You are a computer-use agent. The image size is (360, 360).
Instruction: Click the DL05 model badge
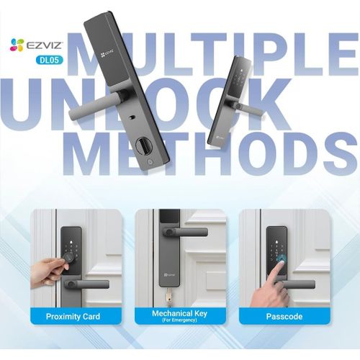click(50, 60)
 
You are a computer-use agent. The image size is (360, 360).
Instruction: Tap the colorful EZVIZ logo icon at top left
click(17, 45)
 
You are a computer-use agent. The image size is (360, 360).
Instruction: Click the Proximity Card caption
click(73, 316)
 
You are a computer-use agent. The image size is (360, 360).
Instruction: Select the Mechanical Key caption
click(179, 313)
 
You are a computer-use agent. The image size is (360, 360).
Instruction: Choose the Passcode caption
click(284, 316)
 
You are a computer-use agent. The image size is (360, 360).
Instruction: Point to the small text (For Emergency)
click(179, 320)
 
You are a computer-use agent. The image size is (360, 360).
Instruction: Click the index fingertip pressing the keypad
click(281, 264)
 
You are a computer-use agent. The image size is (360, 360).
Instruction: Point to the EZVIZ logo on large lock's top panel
click(107, 53)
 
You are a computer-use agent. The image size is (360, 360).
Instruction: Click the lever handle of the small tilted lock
click(245, 107)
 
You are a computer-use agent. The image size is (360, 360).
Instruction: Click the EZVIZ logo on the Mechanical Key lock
click(169, 275)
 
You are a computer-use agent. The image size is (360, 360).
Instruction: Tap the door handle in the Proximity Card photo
click(88, 284)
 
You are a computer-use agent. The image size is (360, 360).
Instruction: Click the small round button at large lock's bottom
click(150, 161)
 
